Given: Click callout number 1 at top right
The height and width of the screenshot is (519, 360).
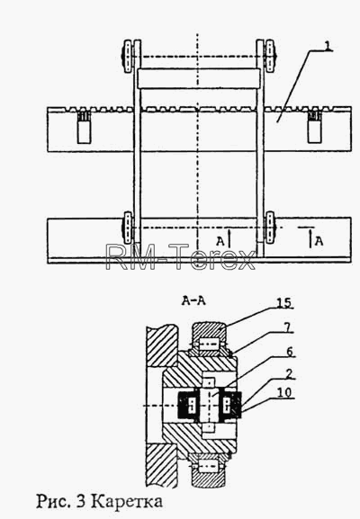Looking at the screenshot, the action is point(328,45).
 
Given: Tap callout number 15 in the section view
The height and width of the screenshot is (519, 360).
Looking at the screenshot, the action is point(284,302).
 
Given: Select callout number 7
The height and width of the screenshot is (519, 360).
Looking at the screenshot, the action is point(287,327).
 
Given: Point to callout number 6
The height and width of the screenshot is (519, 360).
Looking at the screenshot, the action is point(290,351).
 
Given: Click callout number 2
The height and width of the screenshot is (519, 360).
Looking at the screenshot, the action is point(289,374).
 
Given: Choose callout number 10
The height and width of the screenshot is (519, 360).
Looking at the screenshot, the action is point(284,392).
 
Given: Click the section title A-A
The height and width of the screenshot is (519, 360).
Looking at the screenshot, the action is point(193,300).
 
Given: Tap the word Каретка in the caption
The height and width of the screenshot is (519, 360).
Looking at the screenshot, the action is point(127,501).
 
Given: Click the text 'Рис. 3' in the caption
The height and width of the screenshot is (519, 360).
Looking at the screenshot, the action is point(61,502).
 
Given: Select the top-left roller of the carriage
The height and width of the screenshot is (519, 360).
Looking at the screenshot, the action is point(128,57).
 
